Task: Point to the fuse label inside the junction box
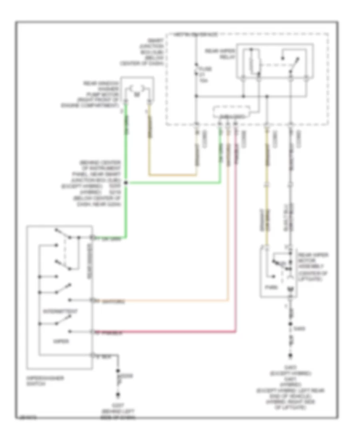(205, 75)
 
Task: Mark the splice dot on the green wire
(126, 183)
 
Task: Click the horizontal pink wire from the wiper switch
(168, 332)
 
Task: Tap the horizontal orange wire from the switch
(168, 300)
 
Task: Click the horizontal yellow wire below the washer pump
(173, 175)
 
